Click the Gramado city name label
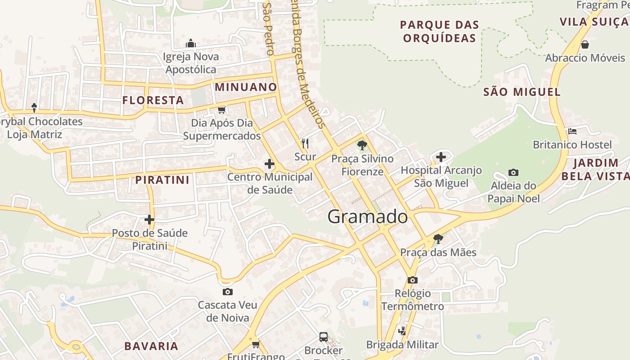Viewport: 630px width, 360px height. click(x=368, y=217)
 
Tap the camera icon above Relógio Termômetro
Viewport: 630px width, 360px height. click(x=412, y=280)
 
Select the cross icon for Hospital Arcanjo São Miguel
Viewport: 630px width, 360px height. click(x=441, y=157)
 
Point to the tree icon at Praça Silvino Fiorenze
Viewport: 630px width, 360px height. click(x=362, y=145)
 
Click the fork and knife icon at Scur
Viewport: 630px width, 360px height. click(x=305, y=144)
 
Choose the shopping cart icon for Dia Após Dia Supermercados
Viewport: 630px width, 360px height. click(x=221, y=110)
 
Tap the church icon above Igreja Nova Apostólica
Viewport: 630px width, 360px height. click(x=191, y=43)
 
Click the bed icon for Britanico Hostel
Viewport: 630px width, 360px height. click(x=572, y=131)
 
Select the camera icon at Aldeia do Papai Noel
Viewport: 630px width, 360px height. click(x=513, y=172)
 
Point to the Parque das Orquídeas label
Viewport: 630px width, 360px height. click(x=439, y=31)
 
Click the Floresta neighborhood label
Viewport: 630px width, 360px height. click(x=153, y=100)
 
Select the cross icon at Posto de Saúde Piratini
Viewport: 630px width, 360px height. click(x=149, y=220)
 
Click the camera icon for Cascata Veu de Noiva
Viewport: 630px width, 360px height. click(x=228, y=292)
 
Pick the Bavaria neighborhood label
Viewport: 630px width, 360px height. click(x=151, y=346)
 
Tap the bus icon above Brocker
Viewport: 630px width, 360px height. click(x=323, y=337)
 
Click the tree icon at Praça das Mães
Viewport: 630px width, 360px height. click(x=438, y=239)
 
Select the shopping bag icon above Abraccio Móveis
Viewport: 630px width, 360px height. click(x=585, y=45)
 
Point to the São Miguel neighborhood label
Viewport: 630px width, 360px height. click(x=522, y=92)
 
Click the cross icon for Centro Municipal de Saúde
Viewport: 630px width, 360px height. click(x=270, y=164)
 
